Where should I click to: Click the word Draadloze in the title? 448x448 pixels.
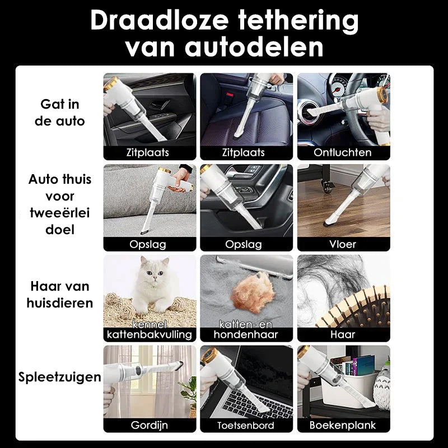tap(159, 20)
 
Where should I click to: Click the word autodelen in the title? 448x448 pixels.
tap(254, 46)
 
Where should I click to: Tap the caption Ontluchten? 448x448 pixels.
tap(343, 152)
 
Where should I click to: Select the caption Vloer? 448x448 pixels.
tap(343, 244)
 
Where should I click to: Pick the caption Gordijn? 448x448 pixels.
tap(150, 425)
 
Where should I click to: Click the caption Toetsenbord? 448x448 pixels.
tap(246, 426)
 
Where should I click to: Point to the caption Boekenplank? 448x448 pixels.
tap(343, 425)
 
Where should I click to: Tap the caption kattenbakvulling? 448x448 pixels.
tap(150, 334)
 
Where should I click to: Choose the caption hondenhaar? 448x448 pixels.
tap(246, 334)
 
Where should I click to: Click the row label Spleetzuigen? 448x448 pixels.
tap(60, 377)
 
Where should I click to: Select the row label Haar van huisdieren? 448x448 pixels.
tap(60, 295)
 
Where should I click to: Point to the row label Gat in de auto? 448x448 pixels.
tap(60, 113)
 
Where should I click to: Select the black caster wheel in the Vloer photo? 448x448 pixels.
tap(328, 186)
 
